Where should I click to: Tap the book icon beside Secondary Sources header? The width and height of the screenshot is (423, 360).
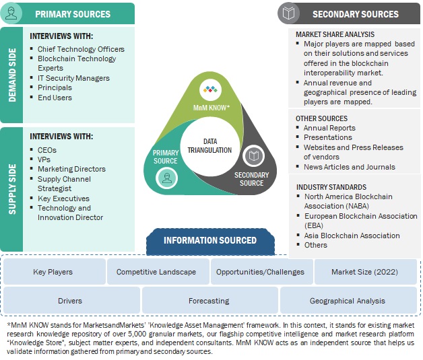coord(288,13)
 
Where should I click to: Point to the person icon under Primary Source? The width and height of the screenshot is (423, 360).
coord(165,178)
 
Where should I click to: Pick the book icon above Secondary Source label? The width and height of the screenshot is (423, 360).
coord(253,156)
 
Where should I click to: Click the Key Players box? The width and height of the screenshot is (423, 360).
coord(53,272)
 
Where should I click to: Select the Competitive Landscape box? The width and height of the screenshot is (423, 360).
coord(156,272)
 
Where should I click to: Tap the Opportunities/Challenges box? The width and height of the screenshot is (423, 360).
coord(260,272)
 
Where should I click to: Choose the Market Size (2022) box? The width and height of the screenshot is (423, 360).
coord(364,272)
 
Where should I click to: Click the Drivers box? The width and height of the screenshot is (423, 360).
coord(70,301)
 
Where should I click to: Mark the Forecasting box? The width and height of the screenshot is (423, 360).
coord(208,301)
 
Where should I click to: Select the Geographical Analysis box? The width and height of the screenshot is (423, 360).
coord(348,301)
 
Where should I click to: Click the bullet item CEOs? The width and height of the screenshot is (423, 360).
coord(47,149)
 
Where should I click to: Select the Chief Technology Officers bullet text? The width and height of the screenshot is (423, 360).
coord(81,49)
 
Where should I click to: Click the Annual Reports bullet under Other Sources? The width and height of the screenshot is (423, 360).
coord(329,128)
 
